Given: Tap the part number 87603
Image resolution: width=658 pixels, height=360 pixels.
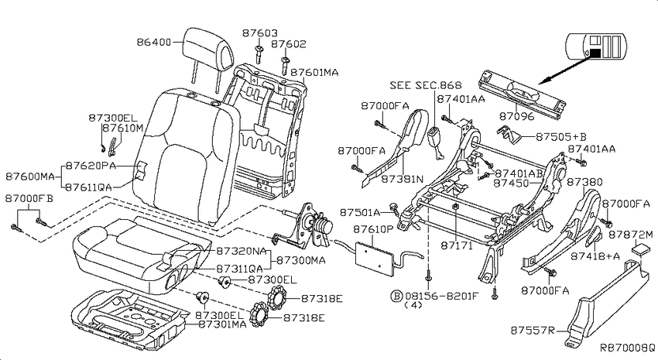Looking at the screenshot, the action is click(x=260, y=33).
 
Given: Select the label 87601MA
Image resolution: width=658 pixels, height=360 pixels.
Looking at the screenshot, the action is click(x=314, y=72).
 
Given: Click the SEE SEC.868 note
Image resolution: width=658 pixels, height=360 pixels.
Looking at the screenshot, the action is click(x=426, y=85).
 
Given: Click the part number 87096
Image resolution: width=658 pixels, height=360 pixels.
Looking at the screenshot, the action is click(x=516, y=116).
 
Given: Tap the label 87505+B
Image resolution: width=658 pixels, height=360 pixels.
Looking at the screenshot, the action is click(x=561, y=137).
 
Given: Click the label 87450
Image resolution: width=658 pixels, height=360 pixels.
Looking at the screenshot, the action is click(x=511, y=183).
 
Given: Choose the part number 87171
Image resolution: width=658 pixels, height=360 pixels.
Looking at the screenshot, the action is click(x=457, y=245).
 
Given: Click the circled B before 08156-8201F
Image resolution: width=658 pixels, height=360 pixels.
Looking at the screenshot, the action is click(x=396, y=296).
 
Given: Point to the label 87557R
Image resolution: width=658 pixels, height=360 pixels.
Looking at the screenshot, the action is click(x=533, y=331).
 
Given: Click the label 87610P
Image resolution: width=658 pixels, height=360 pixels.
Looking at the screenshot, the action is click(x=373, y=229).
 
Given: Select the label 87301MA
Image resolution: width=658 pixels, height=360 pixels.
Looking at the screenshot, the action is click(x=222, y=324).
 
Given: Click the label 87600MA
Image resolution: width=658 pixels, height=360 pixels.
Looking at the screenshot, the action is click(x=30, y=177).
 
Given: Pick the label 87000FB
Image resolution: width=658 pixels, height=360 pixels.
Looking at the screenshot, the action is click(x=29, y=198).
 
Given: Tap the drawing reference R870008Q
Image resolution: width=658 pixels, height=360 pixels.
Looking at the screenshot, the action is click(x=627, y=348).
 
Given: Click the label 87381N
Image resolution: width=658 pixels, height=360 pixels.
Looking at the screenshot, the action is click(x=402, y=179).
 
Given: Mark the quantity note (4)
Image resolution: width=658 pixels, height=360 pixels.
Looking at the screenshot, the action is click(x=413, y=306).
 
